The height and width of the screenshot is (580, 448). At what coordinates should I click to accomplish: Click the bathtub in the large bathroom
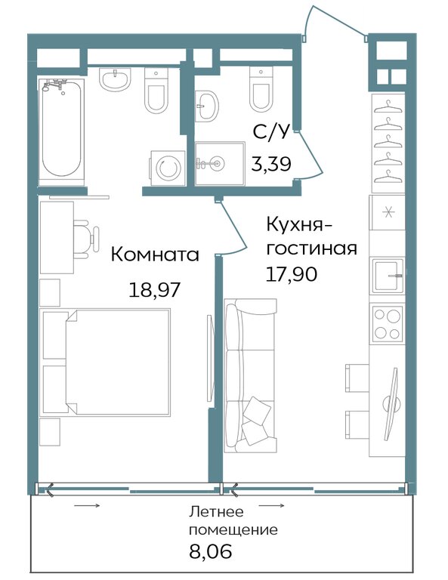[x=62, y=131]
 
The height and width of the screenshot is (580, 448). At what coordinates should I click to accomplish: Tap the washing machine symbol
[x=167, y=168]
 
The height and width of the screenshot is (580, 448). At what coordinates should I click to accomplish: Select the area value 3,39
[x=271, y=164]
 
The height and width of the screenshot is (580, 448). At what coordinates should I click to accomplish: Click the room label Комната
[x=156, y=255]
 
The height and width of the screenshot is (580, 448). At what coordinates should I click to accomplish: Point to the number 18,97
[x=155, y=290]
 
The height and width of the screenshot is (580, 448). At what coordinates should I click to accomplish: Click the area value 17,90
[x=292, y=274]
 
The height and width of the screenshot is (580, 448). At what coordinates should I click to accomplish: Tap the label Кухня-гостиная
[x=311, y=236]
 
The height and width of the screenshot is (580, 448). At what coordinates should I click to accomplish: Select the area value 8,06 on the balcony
[x=210, y=552]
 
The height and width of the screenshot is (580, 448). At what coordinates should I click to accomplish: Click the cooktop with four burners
[x=388, y=324]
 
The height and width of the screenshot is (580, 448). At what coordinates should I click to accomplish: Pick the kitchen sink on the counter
[x=388, y=276]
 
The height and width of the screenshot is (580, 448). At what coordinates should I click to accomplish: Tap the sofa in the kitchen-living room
[x=251, y=375]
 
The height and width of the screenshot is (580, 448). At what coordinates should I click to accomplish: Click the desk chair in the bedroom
[x=87, y=239]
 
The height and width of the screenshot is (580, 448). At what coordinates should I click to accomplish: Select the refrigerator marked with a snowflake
[x=388, y=213]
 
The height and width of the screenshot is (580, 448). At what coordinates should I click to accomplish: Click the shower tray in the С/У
[x=220, y=163]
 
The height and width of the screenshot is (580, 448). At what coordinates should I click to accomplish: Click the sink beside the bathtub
[x=116, y=79]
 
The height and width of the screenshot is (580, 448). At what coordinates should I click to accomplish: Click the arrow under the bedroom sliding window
[x=87, y=506]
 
